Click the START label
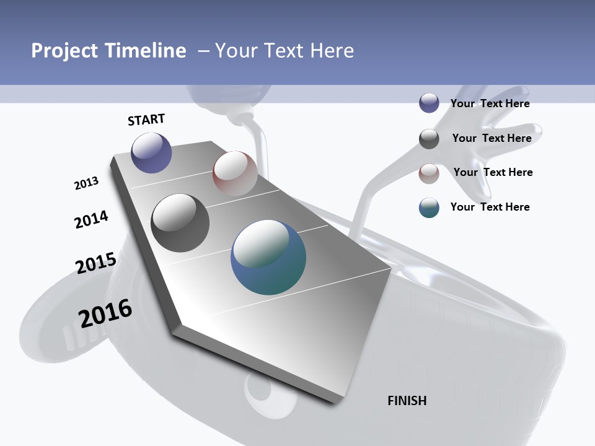pyautogui.click(x=146, y=120)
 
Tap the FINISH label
pyautogui.click(x=407, y=401)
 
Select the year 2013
pyautogui.click(x=86, y=183)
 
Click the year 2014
pyautogui.click(x=91, y=219)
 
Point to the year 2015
pyautogui.click(x=96, y=263)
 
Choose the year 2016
pyautogui.click(x=105, y=313)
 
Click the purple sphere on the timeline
pyautogui.click(x=151, y=152)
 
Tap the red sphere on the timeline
pyautogui.click(x=235, y=173)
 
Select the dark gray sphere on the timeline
pyautogui.click(x=180, y=223)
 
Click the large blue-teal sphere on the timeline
pyautogui.click(x=268, y=257)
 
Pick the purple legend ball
pyautogui.click(x=429, y=103)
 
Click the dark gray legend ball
pyautogui.click(x=429, y=139)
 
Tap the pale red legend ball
pyautogui.click(x=429, y=173)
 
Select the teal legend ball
pyautogui.click(x=429, y=208)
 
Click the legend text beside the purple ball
pyautogui.click(x=490, y=103)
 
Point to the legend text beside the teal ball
pyautogui.click(x=490, y=207)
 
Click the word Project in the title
pyautogui.click(x=65, y=51)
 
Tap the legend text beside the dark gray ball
pyautogui.click(x=491, y=138)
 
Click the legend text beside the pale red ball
pyautogui.click(x=493, y=172)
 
